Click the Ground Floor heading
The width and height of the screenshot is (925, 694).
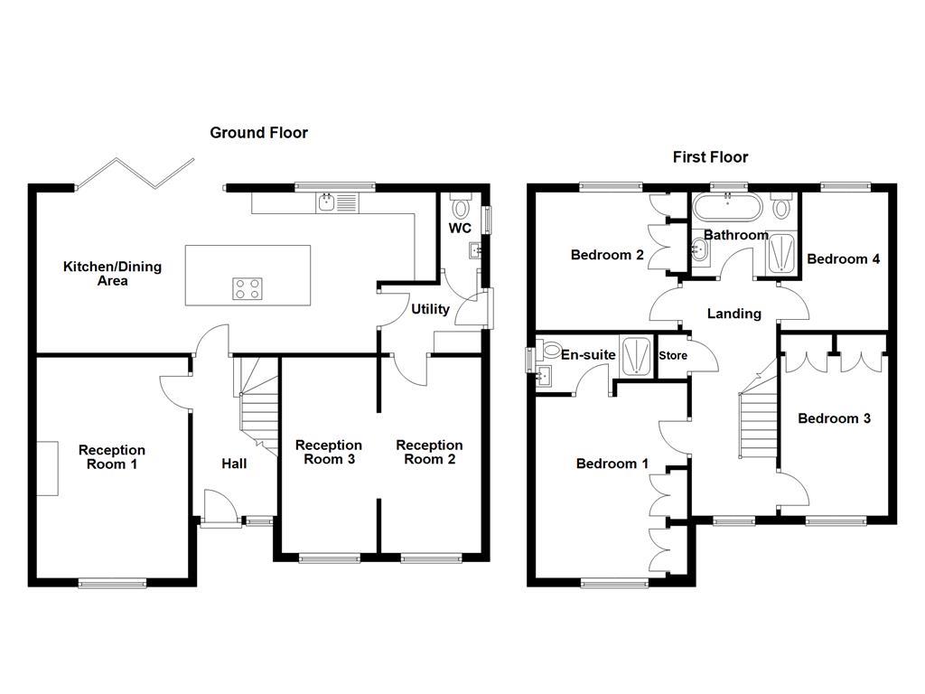coord(258,133)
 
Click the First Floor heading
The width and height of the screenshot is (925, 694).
coord(710,157)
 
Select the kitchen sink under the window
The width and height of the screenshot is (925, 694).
coord(338,203)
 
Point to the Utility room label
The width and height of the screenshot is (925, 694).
coord(430,309)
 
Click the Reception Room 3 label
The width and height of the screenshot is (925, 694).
coord(328,452)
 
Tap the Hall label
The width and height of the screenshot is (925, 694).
coord(234,464)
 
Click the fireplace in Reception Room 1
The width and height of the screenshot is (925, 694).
coord(48,467)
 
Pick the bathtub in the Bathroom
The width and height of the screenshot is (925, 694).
coord(727,208)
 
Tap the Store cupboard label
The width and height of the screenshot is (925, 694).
coord(672,355)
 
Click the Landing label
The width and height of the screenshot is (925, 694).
coord(733,314)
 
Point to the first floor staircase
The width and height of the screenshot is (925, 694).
coord(759,425)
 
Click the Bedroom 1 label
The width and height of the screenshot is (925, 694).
coord(612,464)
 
